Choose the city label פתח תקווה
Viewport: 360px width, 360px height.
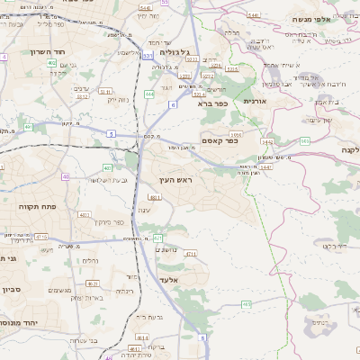point(37,205)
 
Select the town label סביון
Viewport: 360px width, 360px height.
point(12,290)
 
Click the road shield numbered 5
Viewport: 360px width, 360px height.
point(110,133)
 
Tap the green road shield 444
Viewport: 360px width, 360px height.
point(149,93)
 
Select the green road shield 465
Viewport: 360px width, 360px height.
point(305,140)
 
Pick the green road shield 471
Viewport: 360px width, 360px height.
point(158,238)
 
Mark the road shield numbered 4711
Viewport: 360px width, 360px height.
point(190,255)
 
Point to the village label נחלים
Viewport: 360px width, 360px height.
point(90,261)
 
